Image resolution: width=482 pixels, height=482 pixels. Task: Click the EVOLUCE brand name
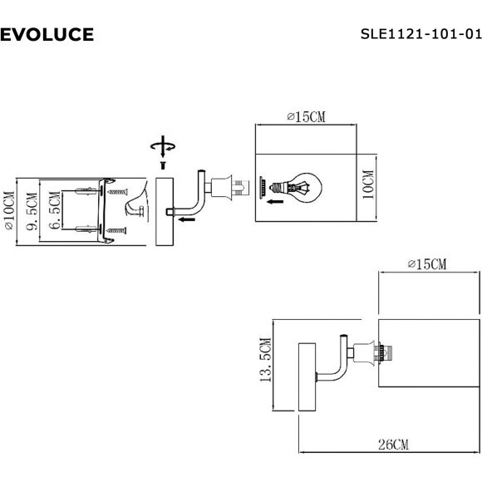tap(47, 34)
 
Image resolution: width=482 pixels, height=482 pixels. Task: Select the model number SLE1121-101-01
tap(421, 34)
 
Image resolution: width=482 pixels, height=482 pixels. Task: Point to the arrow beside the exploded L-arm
tap(187, 220)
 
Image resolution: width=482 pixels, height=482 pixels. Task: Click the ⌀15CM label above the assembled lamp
tap(427, 264)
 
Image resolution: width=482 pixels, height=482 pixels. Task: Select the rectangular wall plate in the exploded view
tap(163, 211)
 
